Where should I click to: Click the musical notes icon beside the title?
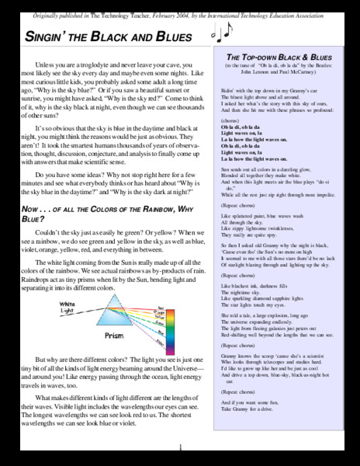pyautogui.click(x=220, y=31)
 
